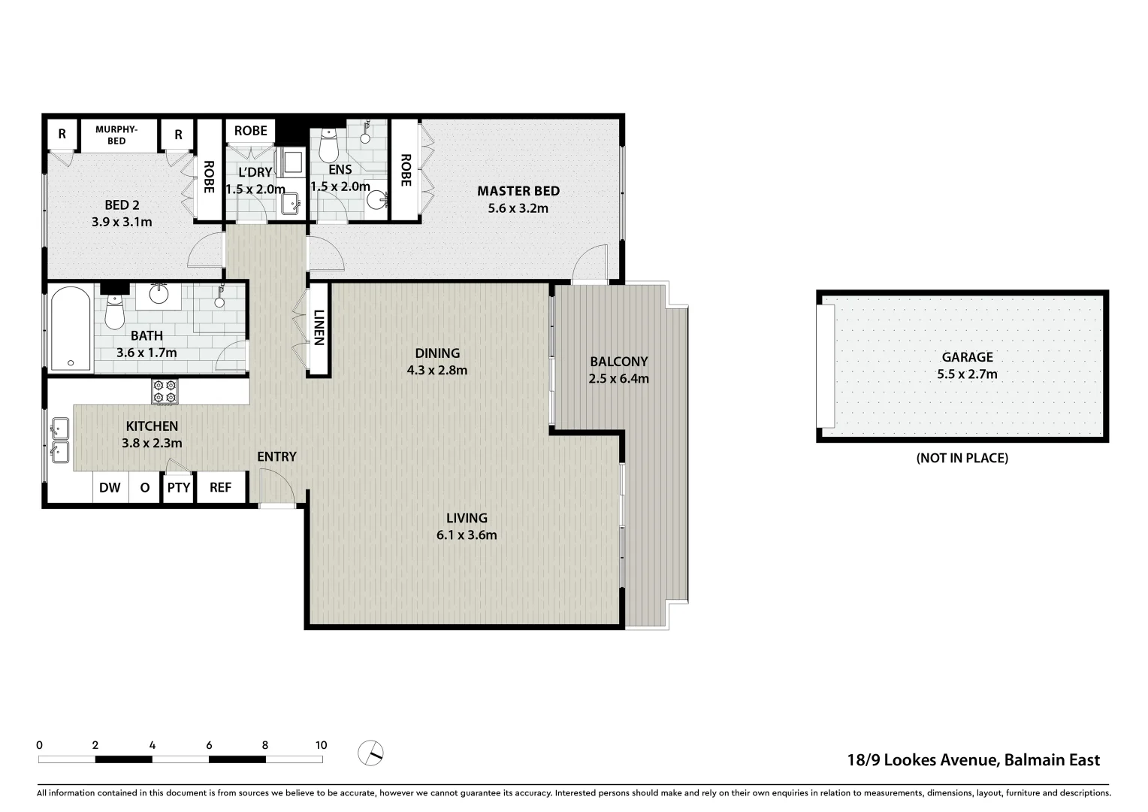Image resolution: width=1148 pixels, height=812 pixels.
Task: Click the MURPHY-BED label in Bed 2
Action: [116, 135]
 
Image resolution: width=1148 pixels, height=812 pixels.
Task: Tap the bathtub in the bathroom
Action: [70, 329]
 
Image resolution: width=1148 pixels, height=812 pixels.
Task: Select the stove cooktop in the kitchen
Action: [165, 391]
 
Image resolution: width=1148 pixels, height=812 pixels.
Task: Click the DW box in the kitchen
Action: [110, 487]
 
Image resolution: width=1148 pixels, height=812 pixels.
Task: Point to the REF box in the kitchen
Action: [220, 487]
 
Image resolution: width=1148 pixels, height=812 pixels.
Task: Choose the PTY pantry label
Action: [179, 487]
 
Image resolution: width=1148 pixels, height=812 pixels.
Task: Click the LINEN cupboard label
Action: [318, 328]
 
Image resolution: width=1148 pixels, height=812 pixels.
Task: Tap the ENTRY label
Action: [276, 456]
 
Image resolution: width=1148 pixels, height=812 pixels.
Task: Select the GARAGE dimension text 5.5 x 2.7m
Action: [967, 374]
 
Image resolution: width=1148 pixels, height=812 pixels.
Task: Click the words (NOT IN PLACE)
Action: [962, 458]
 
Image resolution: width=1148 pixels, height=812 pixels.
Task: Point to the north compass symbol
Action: [370, 751]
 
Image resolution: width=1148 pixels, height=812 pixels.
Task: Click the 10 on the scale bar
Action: [321, 745]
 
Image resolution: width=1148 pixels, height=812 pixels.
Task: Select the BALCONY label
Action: [618, 362]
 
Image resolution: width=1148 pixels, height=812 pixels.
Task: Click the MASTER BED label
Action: [518, 191]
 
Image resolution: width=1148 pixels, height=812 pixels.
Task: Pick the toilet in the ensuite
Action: [328, 144]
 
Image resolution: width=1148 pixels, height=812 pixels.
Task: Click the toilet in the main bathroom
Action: [114, 312]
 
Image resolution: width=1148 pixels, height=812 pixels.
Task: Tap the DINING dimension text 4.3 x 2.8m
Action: [437, 370]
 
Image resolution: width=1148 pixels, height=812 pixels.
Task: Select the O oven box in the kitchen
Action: [144, 487]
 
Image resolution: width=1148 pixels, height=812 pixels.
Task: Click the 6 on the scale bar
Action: [209, 745]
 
